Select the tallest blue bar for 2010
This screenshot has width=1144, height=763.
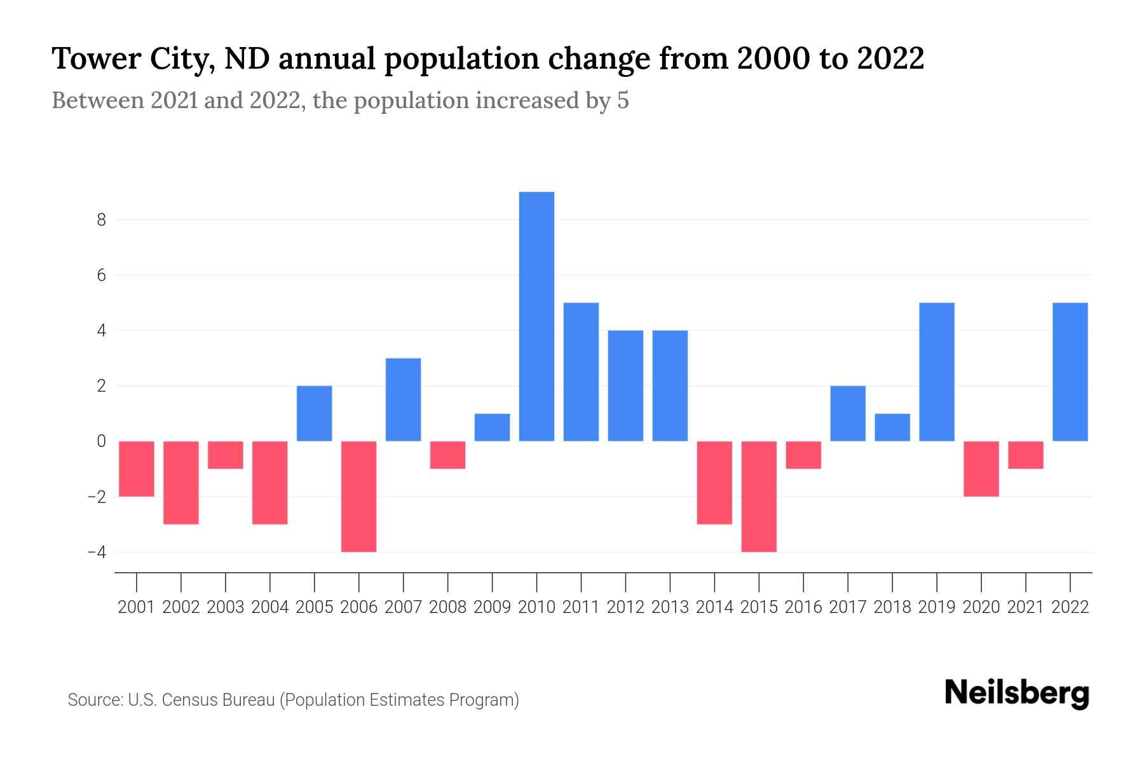[x=536, y=316]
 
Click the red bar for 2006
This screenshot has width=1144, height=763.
[x=358, y=496]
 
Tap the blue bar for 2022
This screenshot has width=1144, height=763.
[x=1070, y=371]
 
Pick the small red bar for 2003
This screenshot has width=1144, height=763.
[x=226, y=455]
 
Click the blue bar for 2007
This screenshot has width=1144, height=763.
[x=403, y=399]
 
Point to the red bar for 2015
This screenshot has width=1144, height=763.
[x=759, y=496]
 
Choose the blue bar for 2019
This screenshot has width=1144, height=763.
[x=937, y=371]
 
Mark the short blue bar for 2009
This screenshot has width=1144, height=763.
[x=492, y=427]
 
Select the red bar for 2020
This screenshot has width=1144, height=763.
[x=981, y=469]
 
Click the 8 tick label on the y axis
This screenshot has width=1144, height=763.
[x=101, y=220]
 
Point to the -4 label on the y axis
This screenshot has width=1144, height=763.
[x=97, y=552]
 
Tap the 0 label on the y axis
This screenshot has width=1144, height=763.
[x=101, y=441]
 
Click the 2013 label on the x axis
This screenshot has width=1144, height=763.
[x=670, y=607]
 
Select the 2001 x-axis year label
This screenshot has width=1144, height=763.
[x=137, y=607]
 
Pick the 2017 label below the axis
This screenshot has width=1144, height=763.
[x=848, y=607]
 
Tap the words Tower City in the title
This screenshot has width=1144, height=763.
[x=130, y=59]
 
